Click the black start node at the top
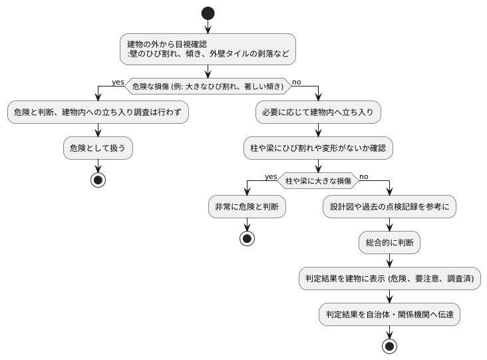pyautogui.click(x=208, y=13)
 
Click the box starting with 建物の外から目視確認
pyautogui.click(x=208, y=49)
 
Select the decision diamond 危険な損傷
pyautogui.click(x=208, y=86)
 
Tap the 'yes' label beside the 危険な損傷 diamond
pyautogui.click(x=118, y=82)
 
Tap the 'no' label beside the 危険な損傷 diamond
pyautogui.click(x=296, y=82)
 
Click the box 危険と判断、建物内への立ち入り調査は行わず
pyautogui.click(x=98, y=112)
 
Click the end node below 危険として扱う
pyautogui.click(x=98, y=180)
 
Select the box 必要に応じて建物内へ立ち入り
pyautogui.click(x=318, y=112)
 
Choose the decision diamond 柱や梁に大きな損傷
pyautogui.click(x=318, y=180)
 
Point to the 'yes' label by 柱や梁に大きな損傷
pyautogui.click(x=271, y=176)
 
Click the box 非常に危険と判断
pyautogui.click(x=247, y=207)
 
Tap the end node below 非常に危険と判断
pyautogui.click(x=247, y=238)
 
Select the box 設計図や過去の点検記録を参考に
pyautogui.click(x=389, y=207)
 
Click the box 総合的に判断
pyautogui.click(x=389, y=243)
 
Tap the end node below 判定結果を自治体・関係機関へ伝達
pyautogui.click(x=389, y=346)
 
